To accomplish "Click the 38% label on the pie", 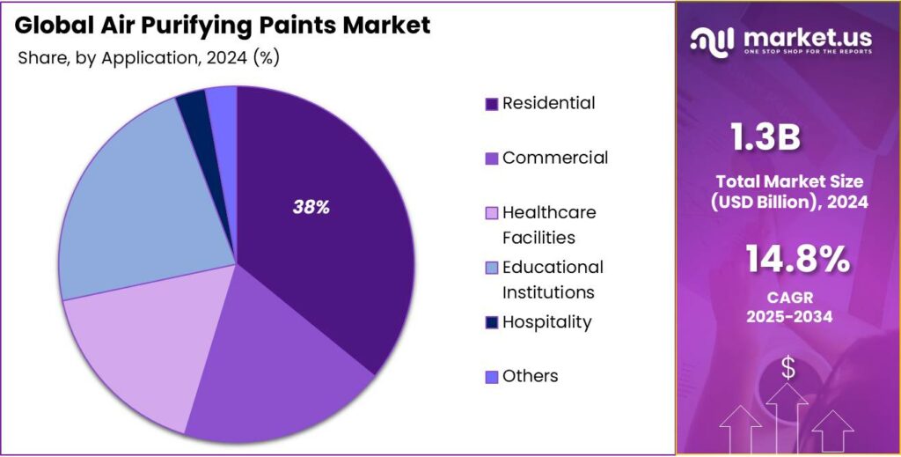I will click(x=311, y=208).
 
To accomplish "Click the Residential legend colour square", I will click(x=492, y=104).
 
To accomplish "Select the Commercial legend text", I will click(x=554, y=158).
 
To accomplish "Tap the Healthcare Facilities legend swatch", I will click(x=492, y=213).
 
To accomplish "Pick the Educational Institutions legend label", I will click(x=553, y=279).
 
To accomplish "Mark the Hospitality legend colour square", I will click(x=492, y=322).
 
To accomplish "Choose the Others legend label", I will click(x=530, y=376).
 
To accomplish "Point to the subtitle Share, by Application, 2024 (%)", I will click(x=148, y=59).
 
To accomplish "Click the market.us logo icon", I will click(x=713, y=40).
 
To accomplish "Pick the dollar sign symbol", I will click(x=787, y=369).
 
